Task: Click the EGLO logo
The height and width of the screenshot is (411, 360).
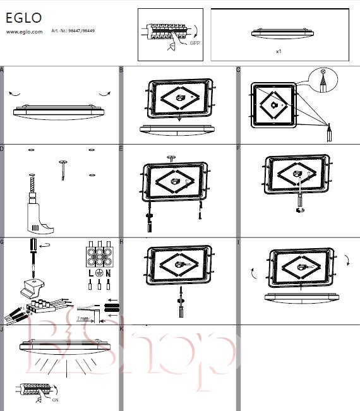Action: (23, 18)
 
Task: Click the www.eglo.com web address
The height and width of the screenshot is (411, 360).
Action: (24, 32)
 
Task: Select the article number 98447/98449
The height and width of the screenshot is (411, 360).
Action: (81, 31)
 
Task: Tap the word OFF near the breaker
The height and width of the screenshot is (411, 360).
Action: (195, 43)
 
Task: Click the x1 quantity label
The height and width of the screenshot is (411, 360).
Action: (279, 51)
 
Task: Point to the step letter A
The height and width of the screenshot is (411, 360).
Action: (1, 69)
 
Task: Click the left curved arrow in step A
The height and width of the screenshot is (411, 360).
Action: (14, 94)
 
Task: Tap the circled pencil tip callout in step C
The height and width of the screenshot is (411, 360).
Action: (323, 80)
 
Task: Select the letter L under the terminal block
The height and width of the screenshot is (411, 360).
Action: (91, 273)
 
